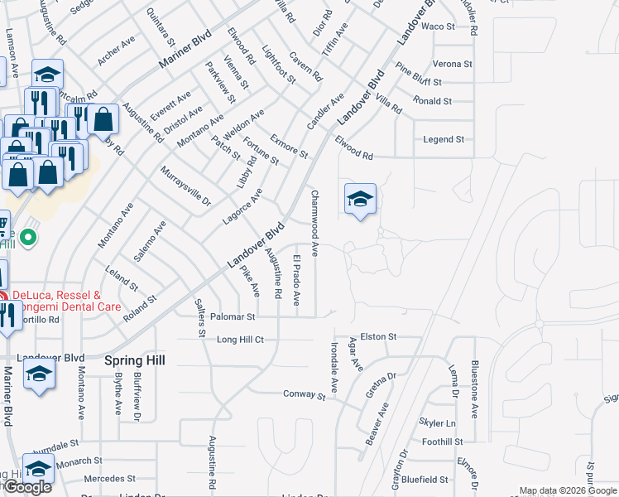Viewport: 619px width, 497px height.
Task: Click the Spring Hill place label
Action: pyautogui.click(x=134, y=360)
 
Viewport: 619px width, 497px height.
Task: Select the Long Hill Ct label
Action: pyautogui.click(x=240, y=340)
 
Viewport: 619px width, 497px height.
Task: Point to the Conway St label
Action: pyautogui.click(x=304, y=395)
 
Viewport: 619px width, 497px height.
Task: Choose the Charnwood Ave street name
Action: pyautogui.click(x=314, y=215)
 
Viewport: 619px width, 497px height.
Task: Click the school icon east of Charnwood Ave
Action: pyautogui.click(x=360, y=200)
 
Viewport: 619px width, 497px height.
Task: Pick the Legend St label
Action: pyautogui.click(x=444, y=140)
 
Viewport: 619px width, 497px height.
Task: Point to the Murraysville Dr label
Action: pyautogui.click(x=185, y=186)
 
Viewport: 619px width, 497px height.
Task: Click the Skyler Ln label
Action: pyautogui.click(x=438, y=423)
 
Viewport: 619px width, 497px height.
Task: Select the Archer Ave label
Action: pyautogui.click(x=116, y=51)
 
